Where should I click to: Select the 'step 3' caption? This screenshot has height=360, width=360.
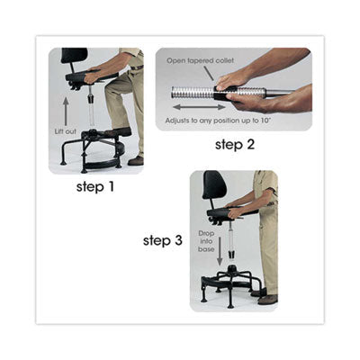163,240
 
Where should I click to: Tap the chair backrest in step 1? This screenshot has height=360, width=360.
69,57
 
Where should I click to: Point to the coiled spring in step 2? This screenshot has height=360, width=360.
194,92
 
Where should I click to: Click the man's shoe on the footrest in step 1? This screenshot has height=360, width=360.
121,133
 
